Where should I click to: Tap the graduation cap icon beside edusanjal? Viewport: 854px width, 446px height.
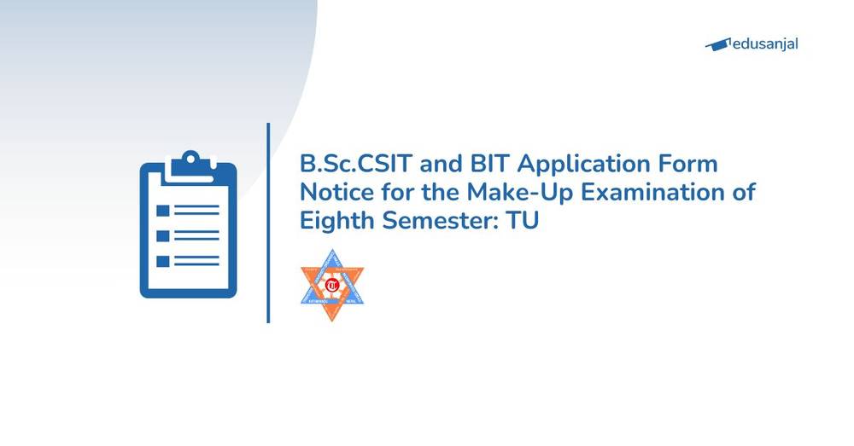click(x=719, y=43)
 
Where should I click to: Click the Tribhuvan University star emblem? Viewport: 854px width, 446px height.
click(x=332, y=285)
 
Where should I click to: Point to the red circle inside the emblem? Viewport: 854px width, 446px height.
click(x=331, y=283)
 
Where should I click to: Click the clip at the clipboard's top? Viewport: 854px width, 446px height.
click(x=188, y=162)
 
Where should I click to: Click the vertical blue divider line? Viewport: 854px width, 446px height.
click(x=268, y=223)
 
